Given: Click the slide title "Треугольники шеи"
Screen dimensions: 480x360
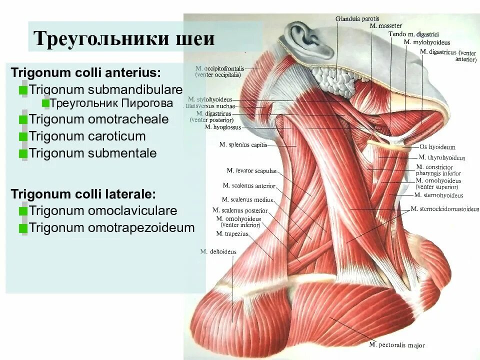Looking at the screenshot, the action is (x=123, y=38).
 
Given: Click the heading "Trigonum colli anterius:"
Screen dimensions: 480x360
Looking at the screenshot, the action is (x=86, y=72).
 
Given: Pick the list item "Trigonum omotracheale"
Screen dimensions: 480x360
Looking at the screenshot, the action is (x=98, y=120).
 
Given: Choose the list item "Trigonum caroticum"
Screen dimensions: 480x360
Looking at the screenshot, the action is (x=87, y=136).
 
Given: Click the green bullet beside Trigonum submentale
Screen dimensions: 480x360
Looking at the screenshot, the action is (x=23, y=154).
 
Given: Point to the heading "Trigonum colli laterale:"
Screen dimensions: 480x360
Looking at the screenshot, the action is (x=83, y=194).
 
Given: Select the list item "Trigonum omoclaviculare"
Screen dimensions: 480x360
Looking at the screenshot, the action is (x=102, y=211).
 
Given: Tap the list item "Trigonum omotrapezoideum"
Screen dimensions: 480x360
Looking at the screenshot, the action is (x=111, y=228).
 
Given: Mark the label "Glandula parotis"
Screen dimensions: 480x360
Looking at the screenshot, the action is (x=357, y=18).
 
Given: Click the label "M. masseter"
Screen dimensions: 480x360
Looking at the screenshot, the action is (x=386, y=25).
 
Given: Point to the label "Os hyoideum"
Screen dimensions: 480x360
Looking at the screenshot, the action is (x=437, y=147).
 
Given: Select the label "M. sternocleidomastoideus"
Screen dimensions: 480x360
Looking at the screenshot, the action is (x=444, y=209).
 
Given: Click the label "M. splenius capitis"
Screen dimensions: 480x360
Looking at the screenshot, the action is (x=242, y=145).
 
